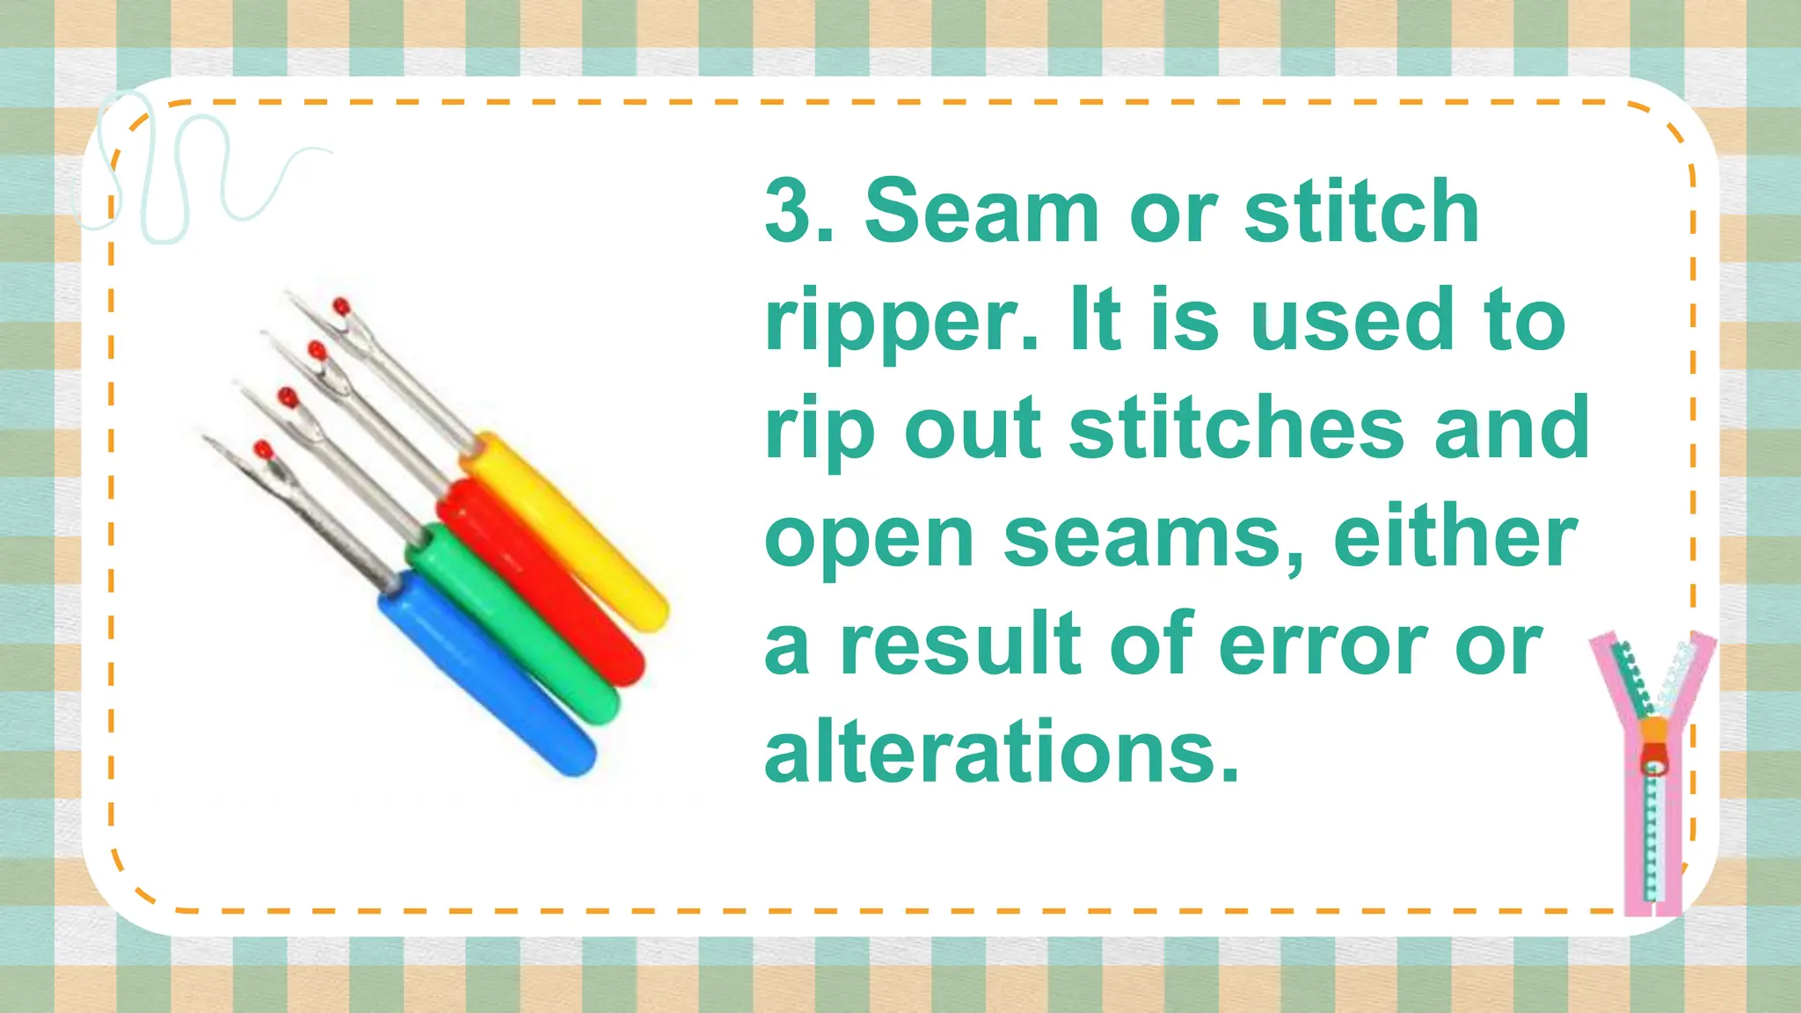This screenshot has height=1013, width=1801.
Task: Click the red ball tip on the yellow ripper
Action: click(x=341, y=307)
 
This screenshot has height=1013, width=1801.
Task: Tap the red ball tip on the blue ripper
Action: click(x=262, y=450)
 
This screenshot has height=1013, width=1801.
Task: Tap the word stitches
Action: click(x=1236, y=429)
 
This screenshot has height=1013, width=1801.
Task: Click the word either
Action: click(x=1455, y=538)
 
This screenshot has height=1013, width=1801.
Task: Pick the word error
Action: click(x=1323, y=645)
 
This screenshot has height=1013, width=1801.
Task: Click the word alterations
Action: click(x=1003, y=753)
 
